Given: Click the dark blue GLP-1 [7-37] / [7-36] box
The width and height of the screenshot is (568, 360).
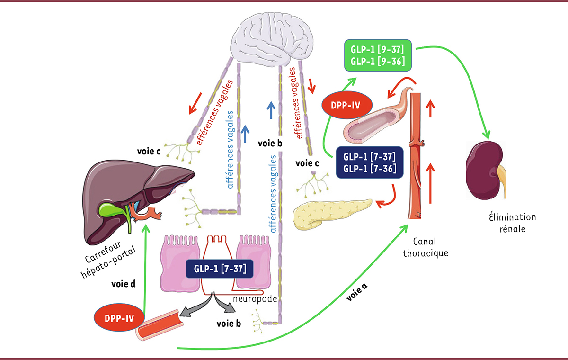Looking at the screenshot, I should tap(367, 162).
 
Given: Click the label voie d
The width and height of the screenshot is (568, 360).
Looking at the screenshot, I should tap(124, 284).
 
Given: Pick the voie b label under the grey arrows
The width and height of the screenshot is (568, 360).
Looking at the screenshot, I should tap(228, 324).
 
